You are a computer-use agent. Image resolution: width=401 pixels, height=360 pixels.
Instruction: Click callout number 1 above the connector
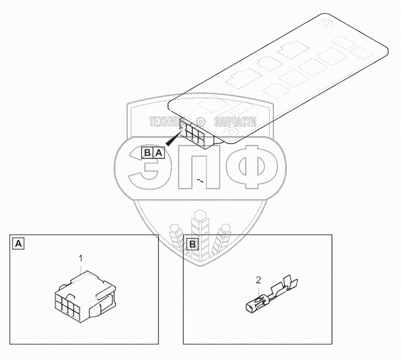81,257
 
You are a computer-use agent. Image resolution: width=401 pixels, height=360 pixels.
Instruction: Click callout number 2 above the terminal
258,280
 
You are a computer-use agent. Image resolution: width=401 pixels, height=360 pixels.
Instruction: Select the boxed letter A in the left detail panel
19,244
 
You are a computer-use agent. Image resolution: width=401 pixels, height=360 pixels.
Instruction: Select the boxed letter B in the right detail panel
193,244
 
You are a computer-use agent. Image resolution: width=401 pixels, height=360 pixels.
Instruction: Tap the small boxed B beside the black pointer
147,153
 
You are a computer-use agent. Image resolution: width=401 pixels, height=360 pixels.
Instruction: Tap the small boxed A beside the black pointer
158,153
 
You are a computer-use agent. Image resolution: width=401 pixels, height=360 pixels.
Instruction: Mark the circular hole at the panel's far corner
324,24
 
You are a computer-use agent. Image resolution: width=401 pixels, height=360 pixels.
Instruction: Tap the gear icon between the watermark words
201,122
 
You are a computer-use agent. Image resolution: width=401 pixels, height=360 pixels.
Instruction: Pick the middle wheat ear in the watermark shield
201,230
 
